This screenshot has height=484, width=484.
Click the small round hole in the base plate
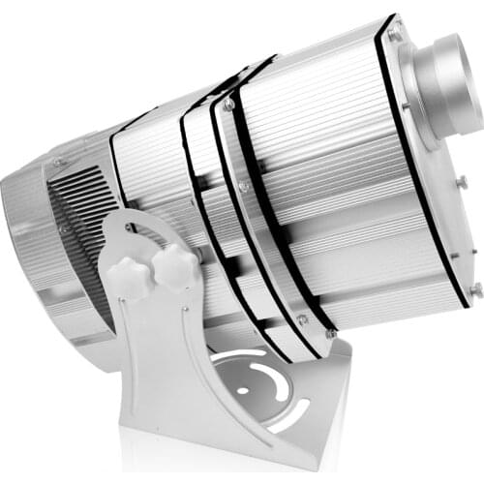pyautogui.click(x=241, y=392)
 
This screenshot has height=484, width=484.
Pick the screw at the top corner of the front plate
pyautogui.click(x=394, y=35)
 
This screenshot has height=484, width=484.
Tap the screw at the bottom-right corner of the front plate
pyautogui.click(x=474, y=288)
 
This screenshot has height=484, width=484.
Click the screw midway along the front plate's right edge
pyautogui.click(x=462, y=181)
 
